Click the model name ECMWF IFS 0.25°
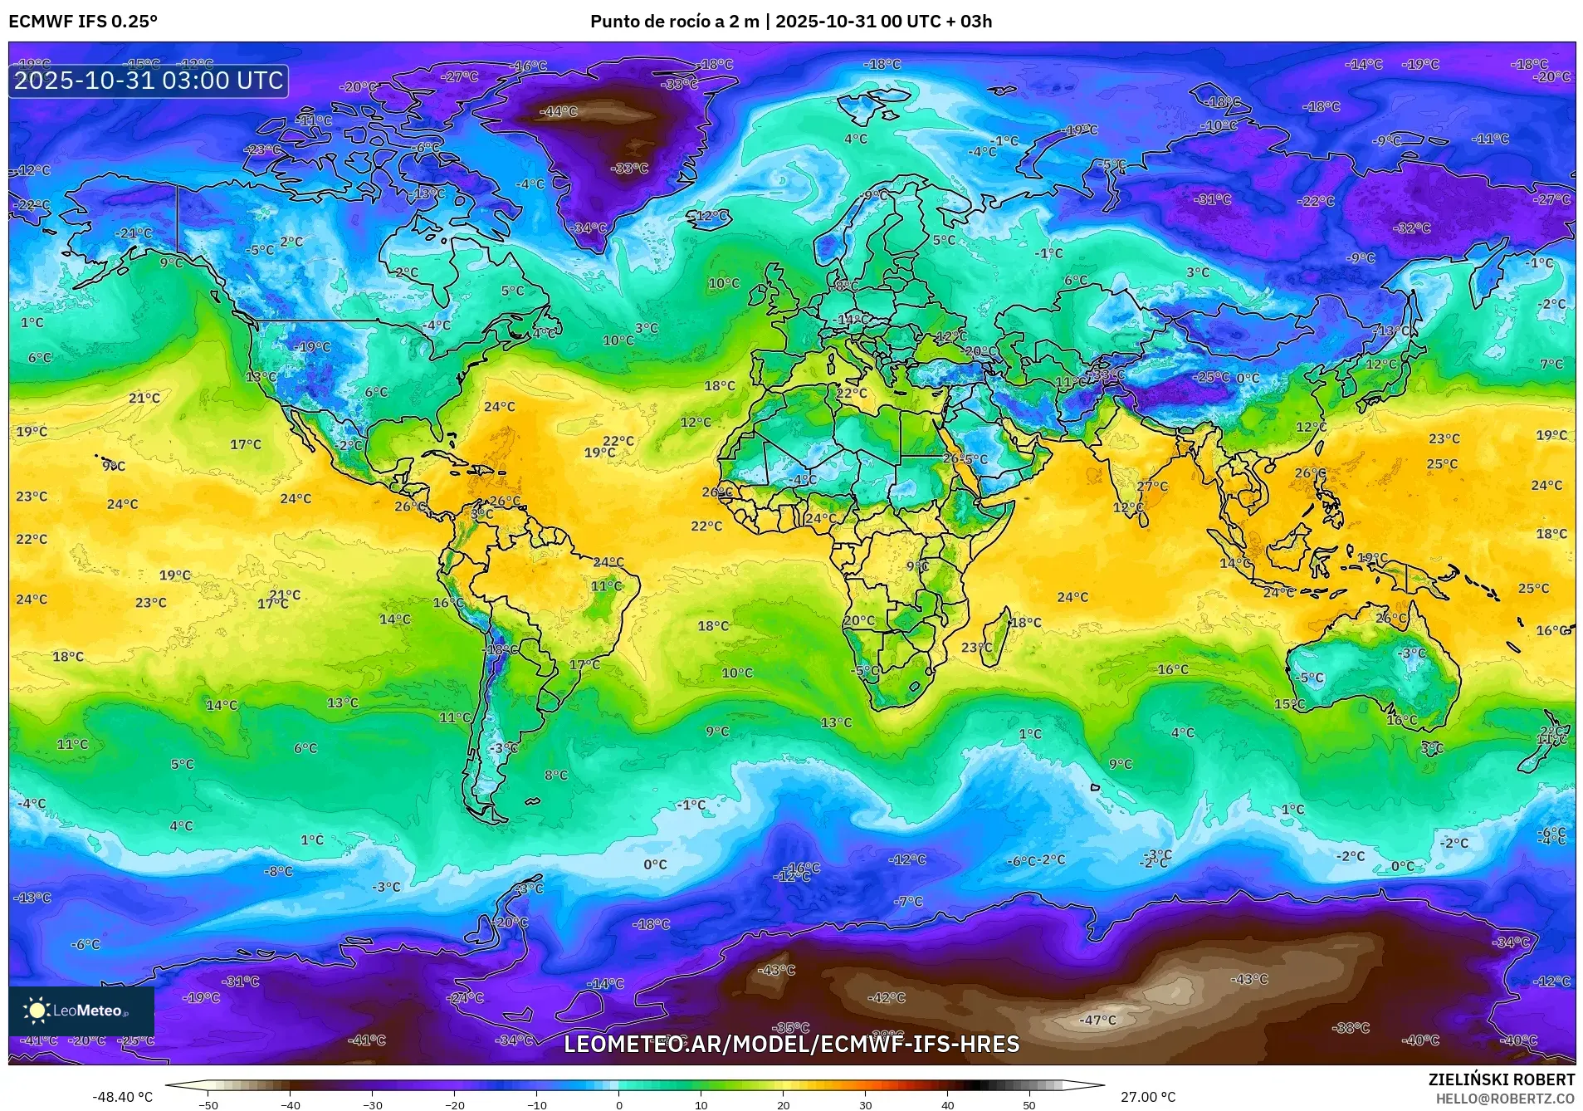tap(83, 22)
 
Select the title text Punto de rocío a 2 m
tap(674, 22)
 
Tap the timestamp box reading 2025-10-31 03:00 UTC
tap(149, 81)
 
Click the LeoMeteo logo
tap(81, 1011)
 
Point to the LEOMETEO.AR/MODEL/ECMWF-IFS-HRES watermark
tap(791, 1044)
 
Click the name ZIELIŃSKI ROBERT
tap(1501, 1079)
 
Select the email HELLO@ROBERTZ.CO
tap(1505, 1098)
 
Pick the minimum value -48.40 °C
tap(122, 1097)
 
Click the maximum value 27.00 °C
tap(1148, 1097)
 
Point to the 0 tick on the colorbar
tap(618, 1104)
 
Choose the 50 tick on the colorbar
tap(1029, 1104)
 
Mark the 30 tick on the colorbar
tap(865, 1104)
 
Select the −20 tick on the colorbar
tap(454, 1104)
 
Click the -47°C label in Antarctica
tap(1097, 1020)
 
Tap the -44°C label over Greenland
tap(559, 111)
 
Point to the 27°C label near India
tap(1152, 487)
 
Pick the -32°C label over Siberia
tap(1412, 228)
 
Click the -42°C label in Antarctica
tap(887, 997)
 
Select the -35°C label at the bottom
tap(790, 1028)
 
